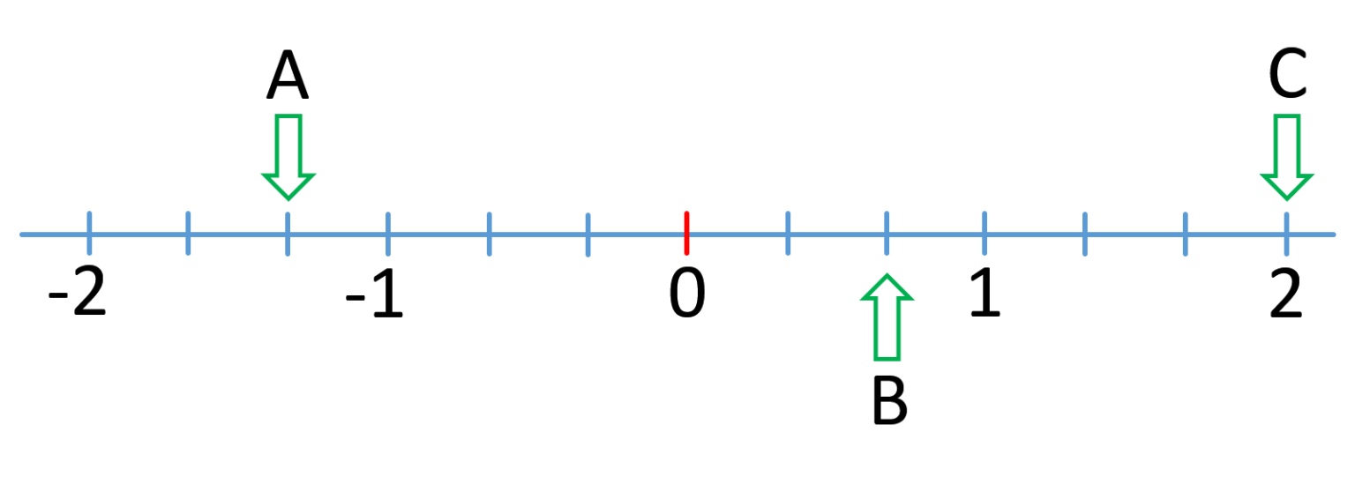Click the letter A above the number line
[x=288, y=75]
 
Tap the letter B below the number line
[x=890, y=400]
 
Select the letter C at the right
[x=1288, y=74]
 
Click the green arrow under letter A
[x=288, y=157]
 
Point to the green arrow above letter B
[x=887, y=317]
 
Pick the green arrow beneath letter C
[x=1287, y=157]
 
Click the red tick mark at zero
[x=686, y=234]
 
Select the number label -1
[x=374, y=293]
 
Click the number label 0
[x=687, y=293]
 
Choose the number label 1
[x=985, y=293]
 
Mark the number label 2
[x=1285, y=293]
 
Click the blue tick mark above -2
[x=89, y=234]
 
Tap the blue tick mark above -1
[x=388, y=234]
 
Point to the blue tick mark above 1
[x=984, y=234]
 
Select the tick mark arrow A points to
[x=288, y=234]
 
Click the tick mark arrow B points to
[x=887, y=234]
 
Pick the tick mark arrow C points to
[x=1287, y=234]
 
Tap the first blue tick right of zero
[x=788, y=234]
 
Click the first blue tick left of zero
[x=588, y=235]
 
